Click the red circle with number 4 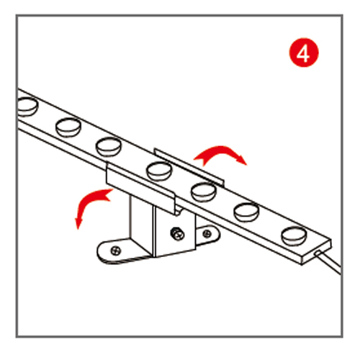[304, 53]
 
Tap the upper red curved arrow [220, 150]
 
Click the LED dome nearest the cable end [294, 235]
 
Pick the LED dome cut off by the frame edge [28, 107]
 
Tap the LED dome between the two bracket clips [159, 171]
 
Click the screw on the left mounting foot [116, 251]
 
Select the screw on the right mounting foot [207, 233]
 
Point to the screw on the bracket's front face [177, 233]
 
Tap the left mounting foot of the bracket [122, 251]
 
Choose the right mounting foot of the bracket [207, 235]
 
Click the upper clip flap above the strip [189, 167]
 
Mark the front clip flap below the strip [141, 188]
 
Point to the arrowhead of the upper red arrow [240, 160]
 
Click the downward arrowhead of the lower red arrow [78, 223]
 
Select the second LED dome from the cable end [246, 212]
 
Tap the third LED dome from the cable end [204, 192]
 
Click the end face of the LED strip [317, 252]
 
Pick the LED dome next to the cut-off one [68, 127]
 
